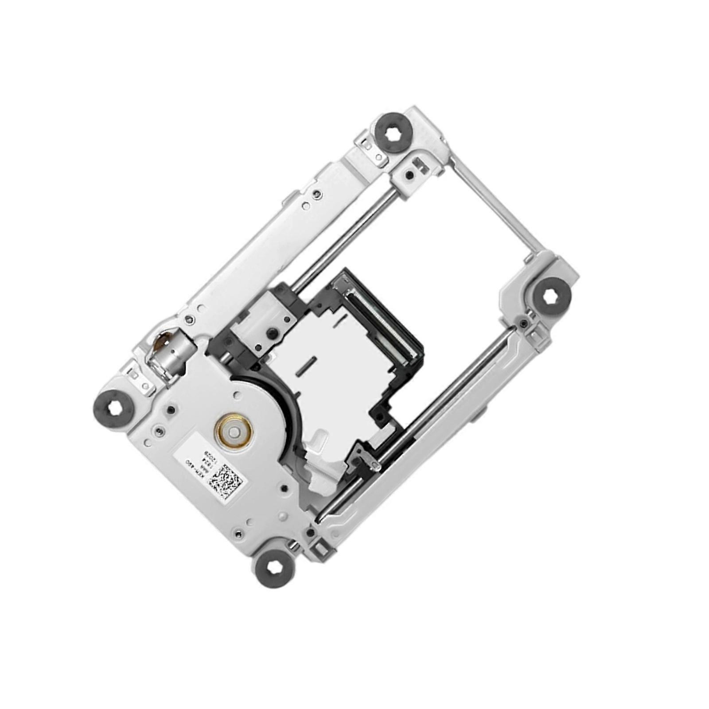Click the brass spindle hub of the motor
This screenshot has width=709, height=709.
coord(234,429)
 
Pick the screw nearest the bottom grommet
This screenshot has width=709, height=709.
coord(239,534)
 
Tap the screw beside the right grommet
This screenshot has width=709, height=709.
coord(524,323)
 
